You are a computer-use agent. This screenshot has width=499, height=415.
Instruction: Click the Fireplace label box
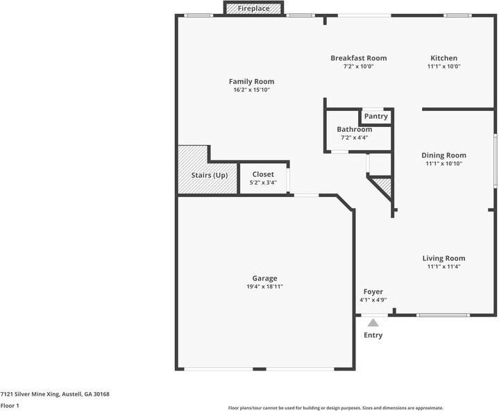(253, 8)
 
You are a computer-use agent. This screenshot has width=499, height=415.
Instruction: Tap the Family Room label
(251, 81)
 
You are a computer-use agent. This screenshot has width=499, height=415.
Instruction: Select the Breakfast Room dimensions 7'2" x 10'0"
(358, 66)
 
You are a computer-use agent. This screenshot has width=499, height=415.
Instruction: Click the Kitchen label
(443, 58)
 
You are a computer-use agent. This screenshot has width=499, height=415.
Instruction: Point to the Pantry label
(376, 116)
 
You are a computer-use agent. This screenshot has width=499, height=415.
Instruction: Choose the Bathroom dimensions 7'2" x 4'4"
(354, 137)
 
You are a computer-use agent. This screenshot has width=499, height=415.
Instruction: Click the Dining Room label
(443, 155)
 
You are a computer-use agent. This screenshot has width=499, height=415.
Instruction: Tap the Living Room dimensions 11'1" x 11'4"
(443, 266)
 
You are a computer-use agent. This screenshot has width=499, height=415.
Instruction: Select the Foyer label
(373, 291)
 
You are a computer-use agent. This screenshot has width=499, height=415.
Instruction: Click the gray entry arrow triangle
(373, 323)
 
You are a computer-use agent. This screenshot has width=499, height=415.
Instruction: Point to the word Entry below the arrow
(373, 335)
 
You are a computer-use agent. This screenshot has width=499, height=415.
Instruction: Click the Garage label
(264, 278)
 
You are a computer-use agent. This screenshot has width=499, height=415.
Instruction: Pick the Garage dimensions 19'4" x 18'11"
(264, 287)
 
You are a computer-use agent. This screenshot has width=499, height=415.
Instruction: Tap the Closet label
(263, 174)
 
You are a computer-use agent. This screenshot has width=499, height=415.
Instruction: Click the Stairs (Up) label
(210, 176)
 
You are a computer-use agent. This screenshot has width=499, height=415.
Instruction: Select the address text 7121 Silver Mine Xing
(30, 394)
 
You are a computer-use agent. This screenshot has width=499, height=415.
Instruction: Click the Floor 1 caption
(10, 405)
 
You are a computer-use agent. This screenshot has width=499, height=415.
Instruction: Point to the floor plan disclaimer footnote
(335, 407)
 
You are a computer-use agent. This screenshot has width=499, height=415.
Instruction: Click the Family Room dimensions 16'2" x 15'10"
(251, 90)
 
